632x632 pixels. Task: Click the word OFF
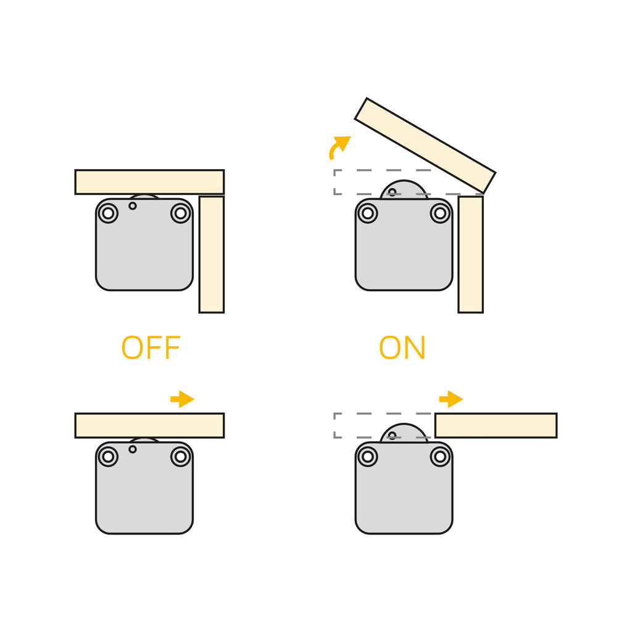[x=151, y=347]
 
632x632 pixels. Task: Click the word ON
[x=402, y=347]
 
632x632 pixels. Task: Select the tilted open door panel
[x=425, y=146]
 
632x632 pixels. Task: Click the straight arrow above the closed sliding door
[x=183, y=399]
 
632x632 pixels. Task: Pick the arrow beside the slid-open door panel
[x=451, y=399]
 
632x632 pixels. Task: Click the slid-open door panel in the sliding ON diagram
[x=496, y=425]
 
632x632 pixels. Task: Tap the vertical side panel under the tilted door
[x=471, y=254]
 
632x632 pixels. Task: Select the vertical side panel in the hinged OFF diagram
[x=212, y=254]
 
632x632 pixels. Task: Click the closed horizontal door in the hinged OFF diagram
[x=149, y=182]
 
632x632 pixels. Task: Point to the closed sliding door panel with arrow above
[x=149, y=425]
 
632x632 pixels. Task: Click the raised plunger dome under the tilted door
[x=404, y=189]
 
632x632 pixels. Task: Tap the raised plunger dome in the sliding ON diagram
[x=404, y=433]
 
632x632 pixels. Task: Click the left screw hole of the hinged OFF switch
[x=108, y=213]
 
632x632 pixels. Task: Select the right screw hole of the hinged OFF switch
[x=181, y=213]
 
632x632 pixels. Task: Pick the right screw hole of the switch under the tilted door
[x=440, y=213]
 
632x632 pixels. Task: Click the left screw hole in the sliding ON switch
[x=368, y=457]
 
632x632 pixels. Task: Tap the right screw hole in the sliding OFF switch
[x=181, y=457]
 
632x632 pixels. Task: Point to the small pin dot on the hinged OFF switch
[x=133, y=206]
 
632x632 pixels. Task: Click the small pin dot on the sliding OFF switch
[x=133, y=449]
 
